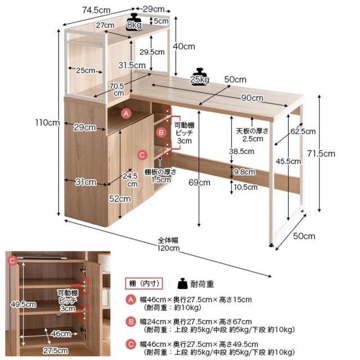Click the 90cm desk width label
pyautogui.click(x=252, y=98)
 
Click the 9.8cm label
pyautogui.click(x=245, y=172)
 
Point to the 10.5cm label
pyautogui.click(x=246, y=187)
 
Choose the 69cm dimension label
pyautogui.click(x=199, y=182)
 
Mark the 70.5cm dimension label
pyautogui.click(x=116, y=89)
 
